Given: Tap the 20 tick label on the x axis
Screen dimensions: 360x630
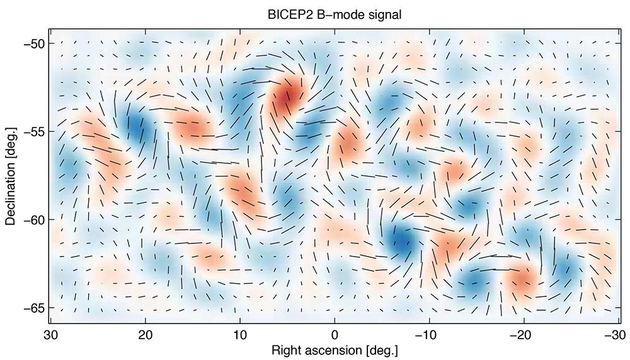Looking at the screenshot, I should pos(145,333).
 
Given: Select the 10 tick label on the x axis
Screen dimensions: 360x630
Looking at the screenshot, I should pos(239,333).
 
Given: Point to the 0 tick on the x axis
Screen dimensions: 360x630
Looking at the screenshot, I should pos(335,333).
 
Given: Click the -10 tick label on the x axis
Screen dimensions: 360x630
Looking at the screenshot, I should pos(427,333).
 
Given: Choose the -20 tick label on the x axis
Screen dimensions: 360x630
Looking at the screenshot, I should pos(522,333).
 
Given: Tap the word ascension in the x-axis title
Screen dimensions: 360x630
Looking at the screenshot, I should pos(331,349).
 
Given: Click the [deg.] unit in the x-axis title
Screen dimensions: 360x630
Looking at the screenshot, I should pos(382,349).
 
